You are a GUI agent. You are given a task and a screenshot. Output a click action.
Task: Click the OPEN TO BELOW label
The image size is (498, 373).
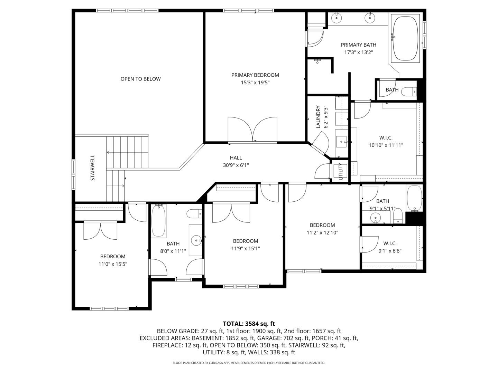click(140, 79)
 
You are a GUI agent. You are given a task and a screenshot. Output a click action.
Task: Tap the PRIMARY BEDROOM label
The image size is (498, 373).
click(255, 75)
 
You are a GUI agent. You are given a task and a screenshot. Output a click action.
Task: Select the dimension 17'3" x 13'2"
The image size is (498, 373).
click(358, 52)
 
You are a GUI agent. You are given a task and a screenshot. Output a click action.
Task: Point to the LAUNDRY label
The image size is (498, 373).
click(318, 117)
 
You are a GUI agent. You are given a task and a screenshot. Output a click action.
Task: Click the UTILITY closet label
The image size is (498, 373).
click(340, 171)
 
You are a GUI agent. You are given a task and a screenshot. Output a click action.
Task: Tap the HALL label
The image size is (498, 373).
click(236, 158)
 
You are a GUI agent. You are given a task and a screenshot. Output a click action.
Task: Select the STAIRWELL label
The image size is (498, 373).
click(93, 168)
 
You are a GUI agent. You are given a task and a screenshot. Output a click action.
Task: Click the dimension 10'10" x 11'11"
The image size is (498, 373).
click(386, 145)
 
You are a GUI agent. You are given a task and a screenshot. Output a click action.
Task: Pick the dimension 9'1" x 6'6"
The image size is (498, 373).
click(390, 251)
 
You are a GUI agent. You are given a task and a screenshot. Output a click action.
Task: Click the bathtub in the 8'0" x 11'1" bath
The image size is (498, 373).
click(159, 221)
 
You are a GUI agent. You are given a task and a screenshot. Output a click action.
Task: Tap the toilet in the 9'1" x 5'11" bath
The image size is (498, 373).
click(398, 216)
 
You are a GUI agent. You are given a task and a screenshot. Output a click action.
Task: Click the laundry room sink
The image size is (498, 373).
click(342, 141)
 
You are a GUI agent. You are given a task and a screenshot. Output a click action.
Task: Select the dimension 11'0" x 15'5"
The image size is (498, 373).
click(113, 264)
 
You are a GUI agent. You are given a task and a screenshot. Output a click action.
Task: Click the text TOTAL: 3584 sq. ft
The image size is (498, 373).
click(249, 324)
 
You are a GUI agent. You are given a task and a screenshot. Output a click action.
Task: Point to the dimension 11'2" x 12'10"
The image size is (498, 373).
click(322, 233)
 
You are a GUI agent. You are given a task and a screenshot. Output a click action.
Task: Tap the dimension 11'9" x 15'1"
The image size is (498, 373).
click(246, 249)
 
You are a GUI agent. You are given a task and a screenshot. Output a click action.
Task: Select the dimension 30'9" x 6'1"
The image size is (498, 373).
click(236, 165)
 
